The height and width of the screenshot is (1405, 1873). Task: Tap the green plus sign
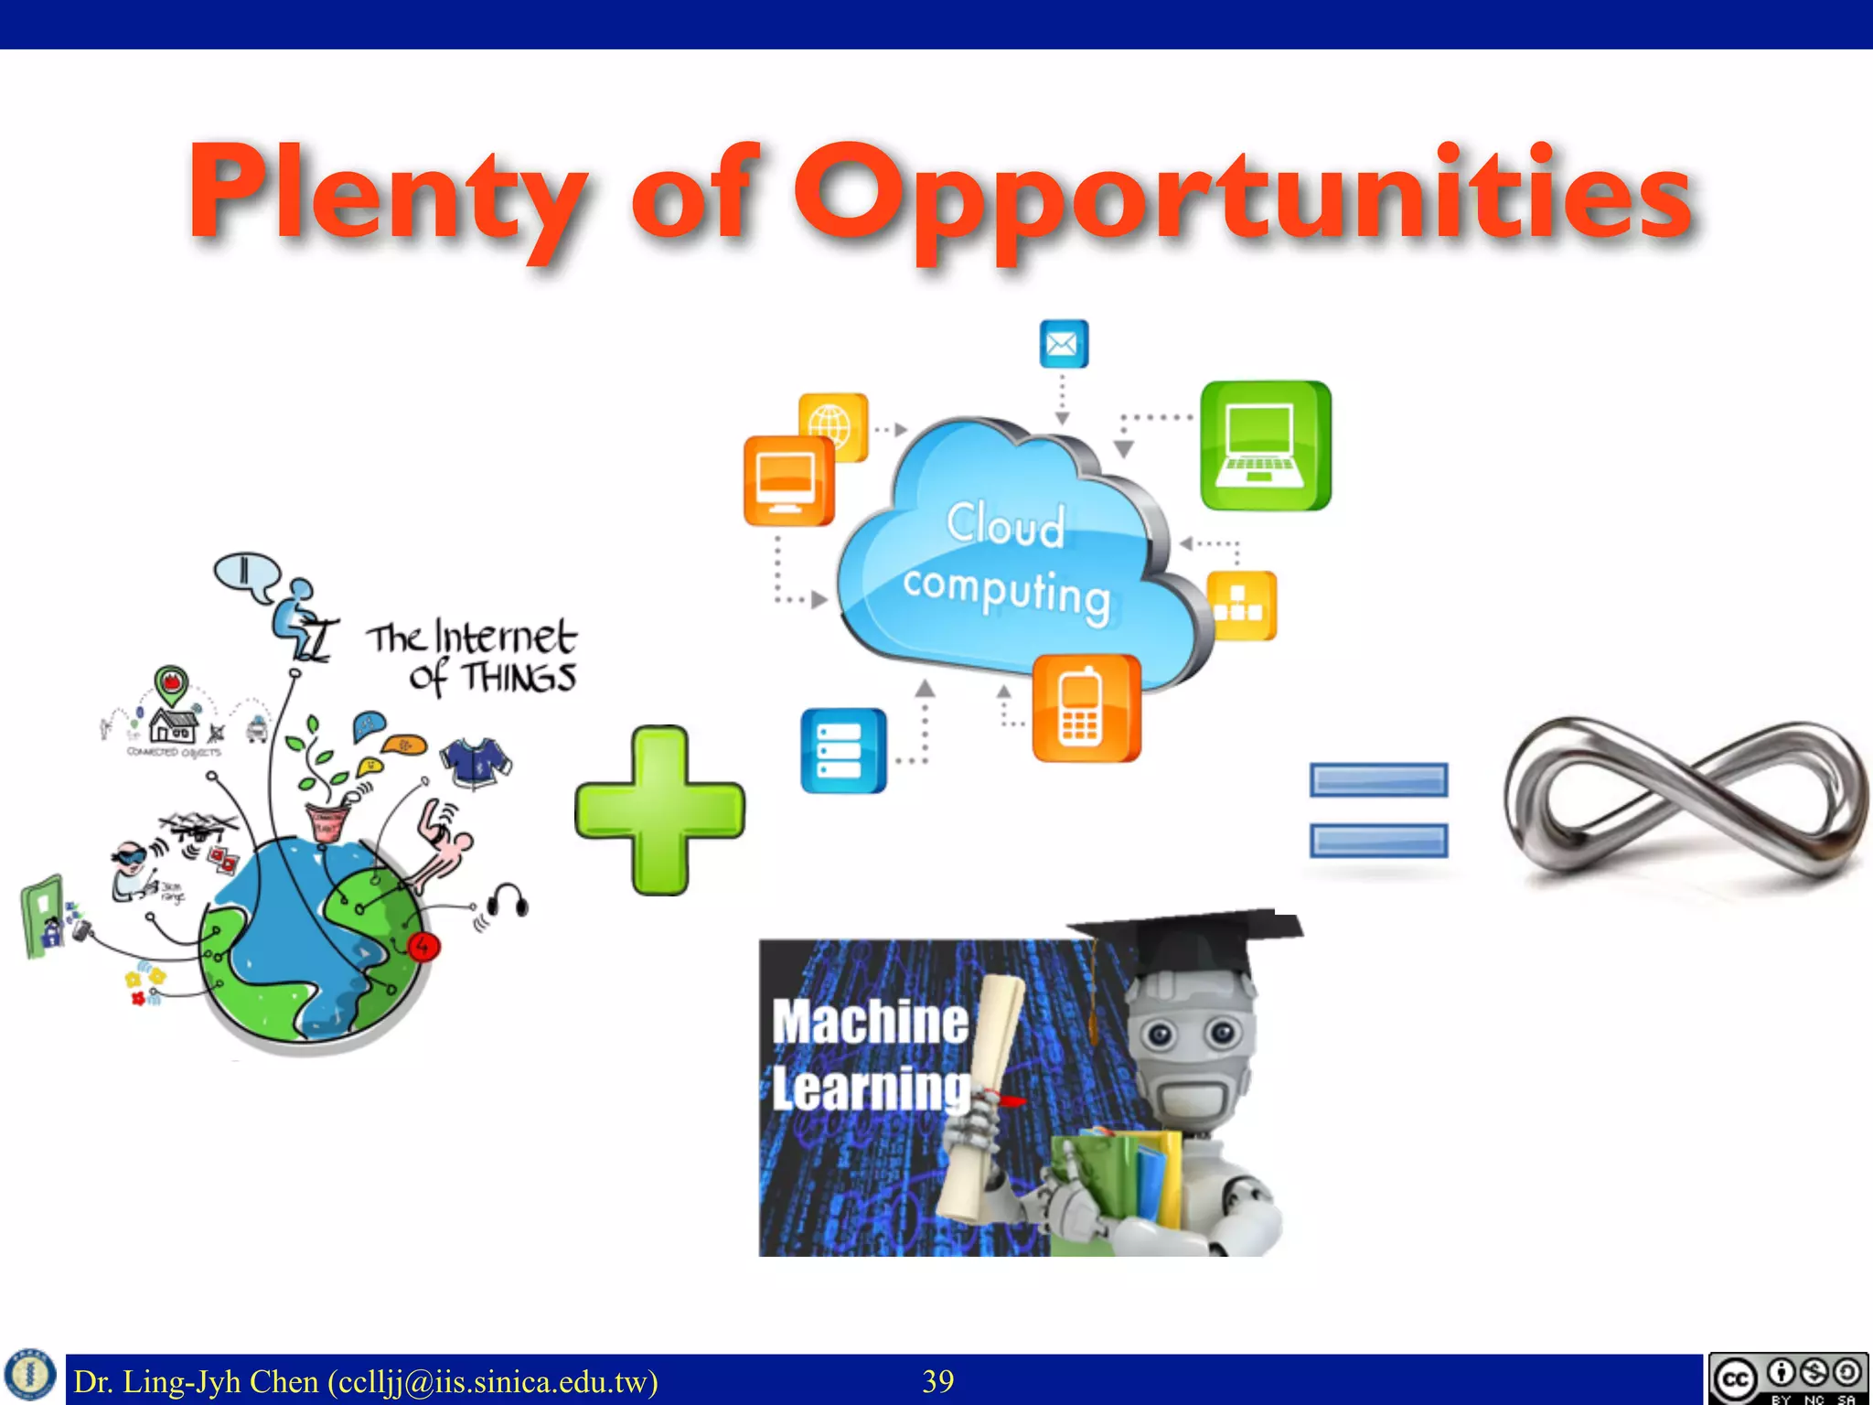coord(659,810)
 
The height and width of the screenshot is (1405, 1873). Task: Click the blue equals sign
coord(1378,810)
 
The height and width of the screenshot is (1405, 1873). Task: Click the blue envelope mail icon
coord(1064,344)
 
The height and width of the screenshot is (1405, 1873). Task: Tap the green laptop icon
coord(1265,445)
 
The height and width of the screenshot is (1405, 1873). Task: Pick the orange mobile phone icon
coord(1086,708)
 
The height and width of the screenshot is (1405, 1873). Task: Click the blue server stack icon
coord(842,750)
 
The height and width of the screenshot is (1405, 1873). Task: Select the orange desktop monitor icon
coord(787,481)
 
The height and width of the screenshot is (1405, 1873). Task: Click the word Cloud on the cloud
coord(1005,525)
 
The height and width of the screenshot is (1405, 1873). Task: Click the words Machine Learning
coord(869,1055)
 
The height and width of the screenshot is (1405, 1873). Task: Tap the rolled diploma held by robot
coord(983,1098)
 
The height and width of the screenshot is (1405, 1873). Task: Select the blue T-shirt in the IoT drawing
coord(476,761)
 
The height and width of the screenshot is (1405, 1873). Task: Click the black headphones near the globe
coord(508,901)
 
